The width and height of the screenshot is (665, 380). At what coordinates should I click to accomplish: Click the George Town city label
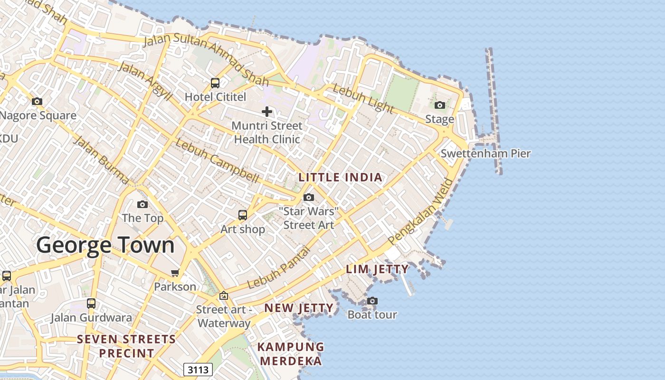(x=105, y=245)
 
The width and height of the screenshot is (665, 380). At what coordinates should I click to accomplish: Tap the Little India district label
(x=340, y=178)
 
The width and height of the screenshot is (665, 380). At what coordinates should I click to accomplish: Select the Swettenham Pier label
(x=485, y=153)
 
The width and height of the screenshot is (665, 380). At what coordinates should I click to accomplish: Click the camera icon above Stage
(x=440, y=105)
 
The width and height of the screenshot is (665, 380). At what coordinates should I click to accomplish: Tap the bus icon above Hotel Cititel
(x=215, y=83)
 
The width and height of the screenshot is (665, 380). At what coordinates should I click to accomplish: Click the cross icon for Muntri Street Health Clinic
(x=267, y=112)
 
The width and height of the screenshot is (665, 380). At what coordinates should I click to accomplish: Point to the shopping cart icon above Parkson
(x=175, y=273)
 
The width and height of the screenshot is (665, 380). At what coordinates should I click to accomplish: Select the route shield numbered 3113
(x=198, y=370)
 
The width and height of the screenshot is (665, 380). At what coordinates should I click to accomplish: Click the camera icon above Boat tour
(x=372, y=301)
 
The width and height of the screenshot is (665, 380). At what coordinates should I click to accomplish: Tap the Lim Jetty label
(x=377, y=269)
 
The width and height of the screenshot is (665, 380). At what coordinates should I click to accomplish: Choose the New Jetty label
(x=299, y=308)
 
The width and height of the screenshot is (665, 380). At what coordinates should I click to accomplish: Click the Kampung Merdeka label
(x=290, y=354)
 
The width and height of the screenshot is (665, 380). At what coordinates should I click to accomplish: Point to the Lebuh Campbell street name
(x=218, y=161)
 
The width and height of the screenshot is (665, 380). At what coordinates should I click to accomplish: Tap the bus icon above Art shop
(x=243, y=215)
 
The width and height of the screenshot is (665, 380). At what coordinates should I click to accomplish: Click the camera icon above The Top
(x=142, y=204)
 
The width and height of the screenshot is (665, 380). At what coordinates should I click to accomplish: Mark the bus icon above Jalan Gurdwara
(x=91, y=303)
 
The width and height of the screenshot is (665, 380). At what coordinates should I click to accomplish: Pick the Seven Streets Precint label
(x=126, y=346)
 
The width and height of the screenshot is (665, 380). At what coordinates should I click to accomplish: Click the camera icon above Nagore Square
(x=37, y=101)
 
